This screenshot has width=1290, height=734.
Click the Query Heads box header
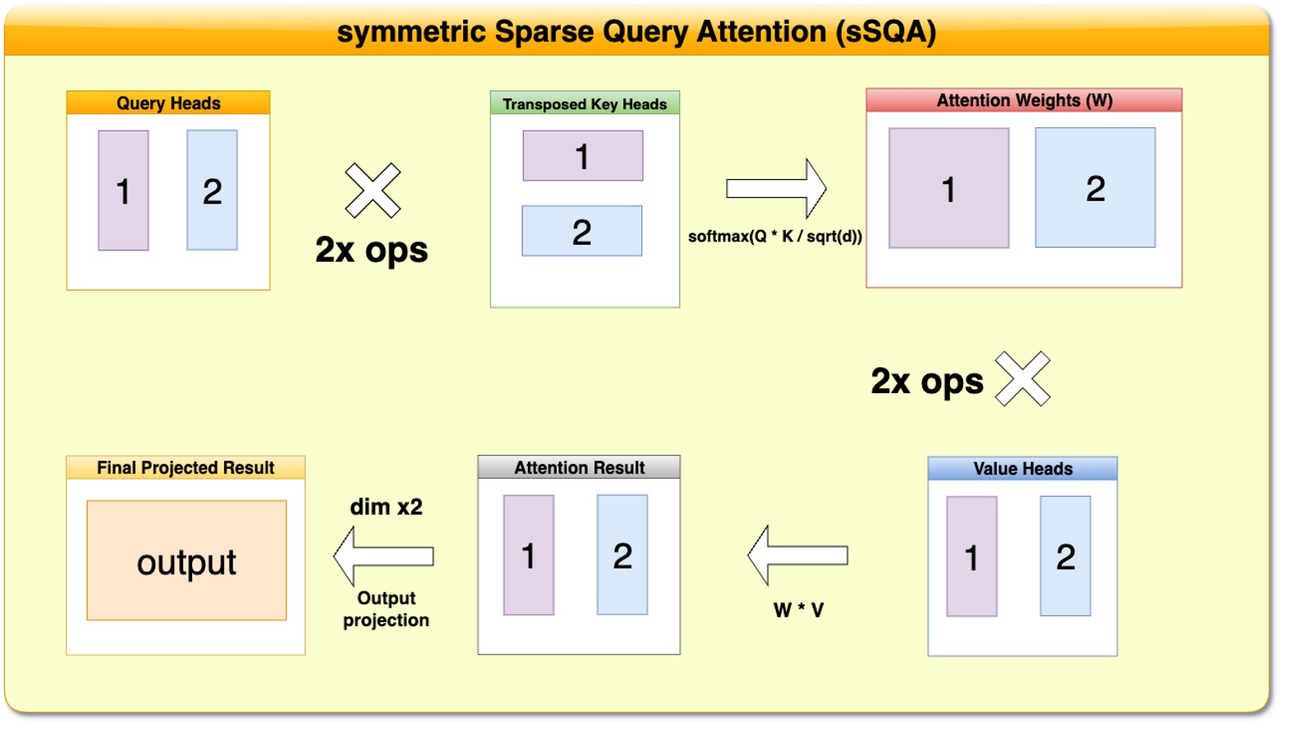[168, 103]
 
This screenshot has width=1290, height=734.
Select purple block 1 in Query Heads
[123, 190]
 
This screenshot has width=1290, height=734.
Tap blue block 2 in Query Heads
[212, 190]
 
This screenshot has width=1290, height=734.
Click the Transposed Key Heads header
[585, 103]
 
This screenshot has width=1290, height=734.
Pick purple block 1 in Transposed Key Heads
[583, 156]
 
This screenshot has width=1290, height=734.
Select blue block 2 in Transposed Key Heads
[582, 232]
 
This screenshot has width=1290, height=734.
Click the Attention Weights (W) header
[1024, 100]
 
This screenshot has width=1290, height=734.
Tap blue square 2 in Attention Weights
[1095, 188]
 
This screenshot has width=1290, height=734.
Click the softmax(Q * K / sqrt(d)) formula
[775, 236]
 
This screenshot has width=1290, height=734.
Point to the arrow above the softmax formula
[777, 189]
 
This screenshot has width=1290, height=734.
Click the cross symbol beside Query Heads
[373, 190]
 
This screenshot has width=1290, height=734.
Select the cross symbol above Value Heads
[1022, 378]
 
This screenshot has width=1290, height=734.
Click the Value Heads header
[1022, 469]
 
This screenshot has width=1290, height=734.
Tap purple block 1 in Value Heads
[971, 557]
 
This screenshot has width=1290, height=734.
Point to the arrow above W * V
[797, 556]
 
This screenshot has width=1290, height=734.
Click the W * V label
[798, 610]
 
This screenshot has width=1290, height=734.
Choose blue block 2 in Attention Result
[622, 555]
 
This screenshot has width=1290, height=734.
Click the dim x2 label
[386, 507]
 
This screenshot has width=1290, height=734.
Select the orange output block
[186, 561]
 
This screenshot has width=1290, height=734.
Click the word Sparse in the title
[545, 32]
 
